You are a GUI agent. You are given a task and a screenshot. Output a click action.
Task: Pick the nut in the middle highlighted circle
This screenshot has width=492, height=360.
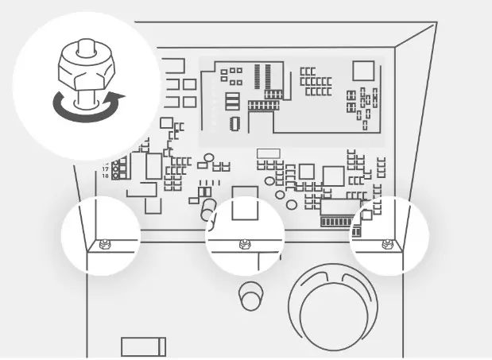point(244,243)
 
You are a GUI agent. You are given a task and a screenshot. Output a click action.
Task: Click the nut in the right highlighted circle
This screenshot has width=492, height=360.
point(387,243)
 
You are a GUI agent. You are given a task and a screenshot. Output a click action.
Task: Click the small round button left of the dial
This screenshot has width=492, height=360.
point(250,296)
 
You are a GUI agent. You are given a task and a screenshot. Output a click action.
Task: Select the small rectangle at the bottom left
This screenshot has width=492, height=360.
point(143,346)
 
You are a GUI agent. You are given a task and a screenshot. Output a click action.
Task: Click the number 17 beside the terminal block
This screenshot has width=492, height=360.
point(106,169)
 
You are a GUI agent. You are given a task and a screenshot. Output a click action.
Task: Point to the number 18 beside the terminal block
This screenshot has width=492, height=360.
point(106,176)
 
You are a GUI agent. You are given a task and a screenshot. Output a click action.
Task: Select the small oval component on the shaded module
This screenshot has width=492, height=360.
point(234,123)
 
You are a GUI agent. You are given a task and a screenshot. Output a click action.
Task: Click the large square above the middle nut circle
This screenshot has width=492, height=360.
point(244,203)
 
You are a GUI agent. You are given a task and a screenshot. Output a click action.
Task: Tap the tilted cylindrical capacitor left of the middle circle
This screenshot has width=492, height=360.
point(208,211)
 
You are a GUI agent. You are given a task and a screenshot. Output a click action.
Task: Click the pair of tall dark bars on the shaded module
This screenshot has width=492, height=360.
point(260,76)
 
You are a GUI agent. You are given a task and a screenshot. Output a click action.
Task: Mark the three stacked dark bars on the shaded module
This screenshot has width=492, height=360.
point(232,102)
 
